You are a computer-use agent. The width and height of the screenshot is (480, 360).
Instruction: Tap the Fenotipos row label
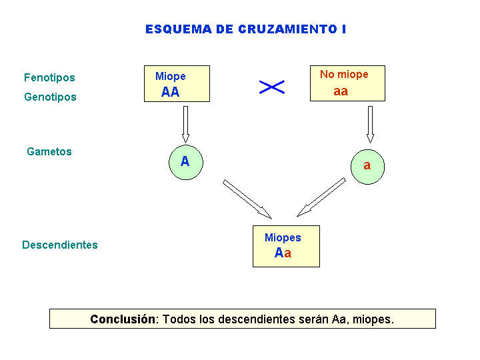coord(49,78)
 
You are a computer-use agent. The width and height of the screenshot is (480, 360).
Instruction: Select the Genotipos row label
coord(50,97)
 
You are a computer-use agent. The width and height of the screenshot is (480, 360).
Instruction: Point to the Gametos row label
coord(49,151)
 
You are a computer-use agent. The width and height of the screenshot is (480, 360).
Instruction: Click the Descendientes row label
coord(60,245)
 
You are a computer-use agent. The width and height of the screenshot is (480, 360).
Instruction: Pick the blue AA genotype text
coord(170,92)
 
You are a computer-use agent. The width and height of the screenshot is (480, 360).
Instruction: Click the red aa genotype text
coord(341,91)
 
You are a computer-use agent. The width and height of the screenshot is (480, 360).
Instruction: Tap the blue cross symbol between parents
coord(272,87)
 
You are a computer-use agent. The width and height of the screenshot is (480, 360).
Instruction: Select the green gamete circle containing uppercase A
coord(186,162)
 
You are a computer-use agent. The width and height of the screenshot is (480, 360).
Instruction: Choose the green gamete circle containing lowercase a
coord(367,167)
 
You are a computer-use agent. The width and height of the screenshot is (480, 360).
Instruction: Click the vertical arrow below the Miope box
coord(185,124)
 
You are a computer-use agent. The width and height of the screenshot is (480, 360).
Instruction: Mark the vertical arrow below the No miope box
coord(370,124)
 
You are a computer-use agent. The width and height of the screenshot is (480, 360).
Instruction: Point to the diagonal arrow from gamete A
coord(247,199)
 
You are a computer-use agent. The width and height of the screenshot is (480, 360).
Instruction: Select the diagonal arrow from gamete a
coord(321,197)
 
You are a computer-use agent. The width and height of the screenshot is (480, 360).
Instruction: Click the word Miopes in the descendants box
coord(283,237)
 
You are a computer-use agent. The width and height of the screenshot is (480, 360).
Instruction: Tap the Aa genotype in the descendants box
coord(283,253)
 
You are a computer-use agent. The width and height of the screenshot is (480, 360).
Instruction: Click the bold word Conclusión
coord(123,319)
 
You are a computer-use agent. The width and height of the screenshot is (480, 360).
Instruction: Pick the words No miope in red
coord(344,75)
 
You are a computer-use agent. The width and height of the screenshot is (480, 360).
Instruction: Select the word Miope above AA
coord(171,76)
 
